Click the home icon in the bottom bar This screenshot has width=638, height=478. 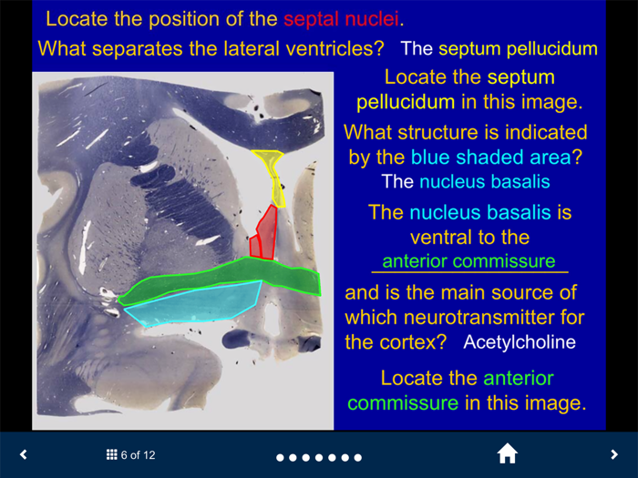[507, 453]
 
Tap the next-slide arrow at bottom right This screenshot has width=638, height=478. [614, 454]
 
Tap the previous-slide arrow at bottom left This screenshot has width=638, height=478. [24, 454]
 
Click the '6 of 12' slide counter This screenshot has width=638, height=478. [138, 454]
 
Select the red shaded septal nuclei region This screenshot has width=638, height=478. [264, 233]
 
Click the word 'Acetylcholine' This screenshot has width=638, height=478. [520, 342]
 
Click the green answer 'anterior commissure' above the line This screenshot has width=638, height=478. [468, 261]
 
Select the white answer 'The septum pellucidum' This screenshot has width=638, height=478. [499, 48]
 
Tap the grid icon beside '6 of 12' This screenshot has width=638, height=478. [112, 454]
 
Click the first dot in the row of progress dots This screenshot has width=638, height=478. [281, 456]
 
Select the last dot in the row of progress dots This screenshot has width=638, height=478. [357, 456]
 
